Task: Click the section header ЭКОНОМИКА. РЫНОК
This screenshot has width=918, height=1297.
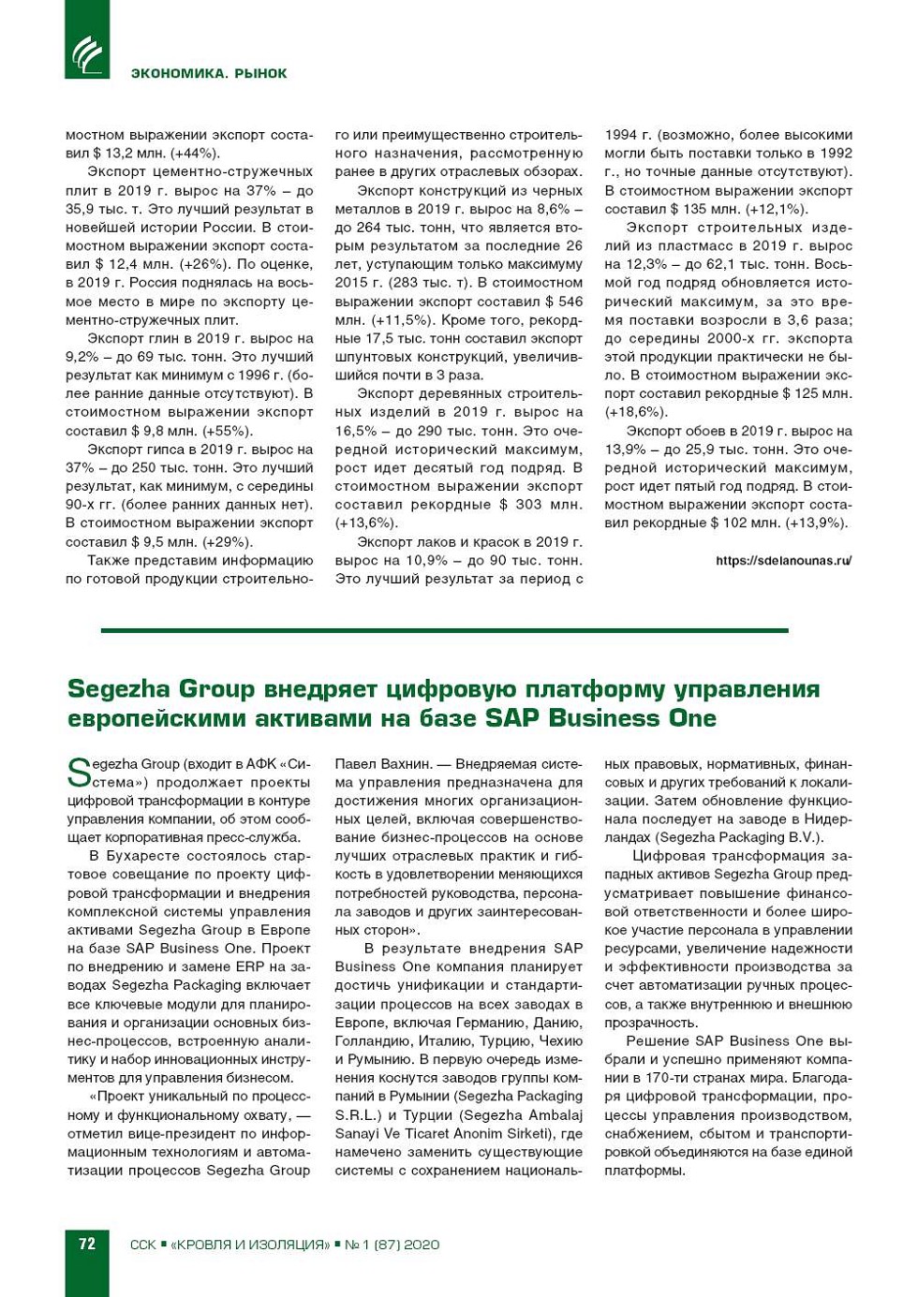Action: click(208, 73)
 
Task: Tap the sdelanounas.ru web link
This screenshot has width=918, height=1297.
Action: click(783, 561)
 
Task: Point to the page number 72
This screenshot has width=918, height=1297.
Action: click(87, 1244)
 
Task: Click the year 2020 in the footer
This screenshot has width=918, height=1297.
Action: click(422, 1245)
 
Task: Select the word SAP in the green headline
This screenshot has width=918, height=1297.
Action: click(513, 718)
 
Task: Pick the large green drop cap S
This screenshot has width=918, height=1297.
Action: click(79, 773)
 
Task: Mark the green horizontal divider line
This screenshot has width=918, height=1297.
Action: click(444, 630)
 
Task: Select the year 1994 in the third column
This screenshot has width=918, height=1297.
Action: click(623, 135)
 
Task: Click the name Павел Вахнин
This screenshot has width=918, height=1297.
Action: click(379, 764)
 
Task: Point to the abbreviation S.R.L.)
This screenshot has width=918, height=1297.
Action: click(357, 1114)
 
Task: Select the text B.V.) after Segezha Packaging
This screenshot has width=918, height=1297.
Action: click(804, 837)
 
